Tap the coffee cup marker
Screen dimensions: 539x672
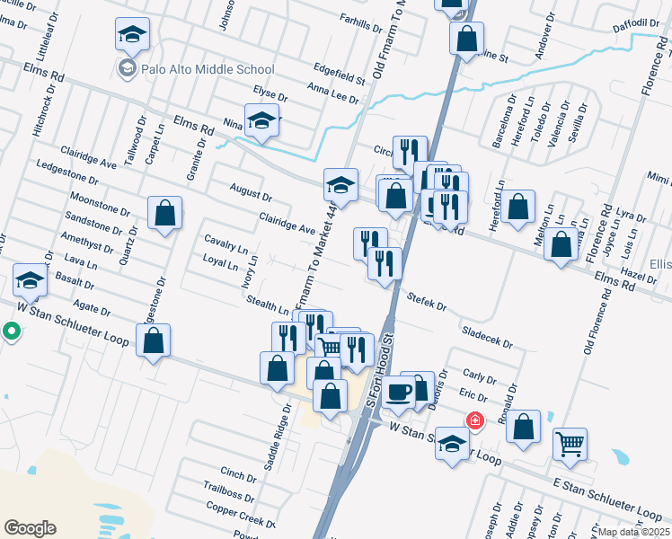(x=399, y=393)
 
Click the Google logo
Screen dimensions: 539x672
(x=30, y=528)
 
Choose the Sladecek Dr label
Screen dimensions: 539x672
(x=486, y=337)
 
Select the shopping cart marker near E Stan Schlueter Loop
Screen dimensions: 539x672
(x=570, y=443)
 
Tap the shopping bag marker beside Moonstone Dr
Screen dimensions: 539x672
(x=165, y=214)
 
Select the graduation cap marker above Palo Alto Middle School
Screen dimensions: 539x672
(x=132, y=35)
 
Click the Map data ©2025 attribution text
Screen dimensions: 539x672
(x=633, y=532)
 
